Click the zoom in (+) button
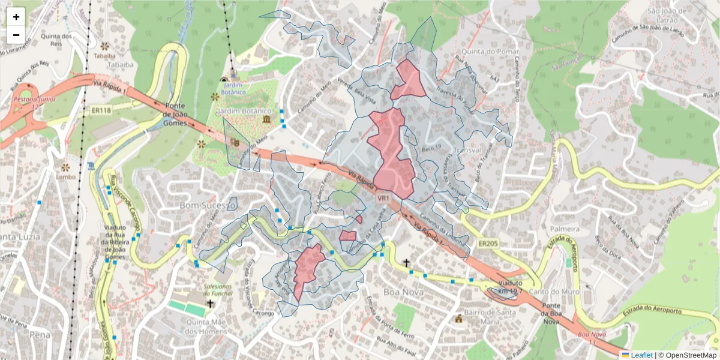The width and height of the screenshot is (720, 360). [16, 17]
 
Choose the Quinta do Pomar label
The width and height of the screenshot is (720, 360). [491, 51]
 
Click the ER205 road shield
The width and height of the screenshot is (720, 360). [489, 243]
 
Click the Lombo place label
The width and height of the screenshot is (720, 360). [65, 176]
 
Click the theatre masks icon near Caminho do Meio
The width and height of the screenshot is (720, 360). [236, 143]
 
